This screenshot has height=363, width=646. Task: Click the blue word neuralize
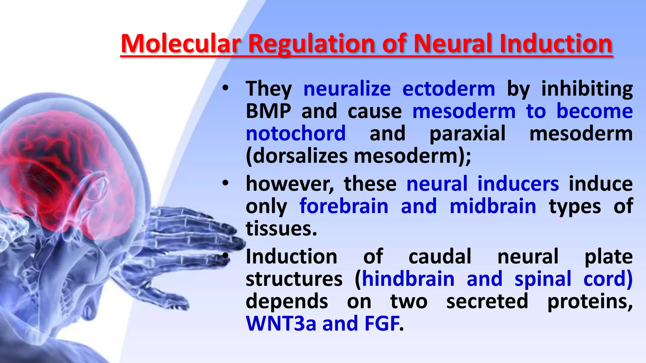(347, 89)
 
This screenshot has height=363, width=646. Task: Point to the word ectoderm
(449, 89)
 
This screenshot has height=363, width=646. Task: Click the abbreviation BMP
(268, 111)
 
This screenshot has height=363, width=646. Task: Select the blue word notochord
(296, 134)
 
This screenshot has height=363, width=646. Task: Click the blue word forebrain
(344, 206)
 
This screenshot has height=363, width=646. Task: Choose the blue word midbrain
(493, 206)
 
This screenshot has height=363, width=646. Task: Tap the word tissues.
(281, 229)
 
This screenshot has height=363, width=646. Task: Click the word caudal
(440, 256)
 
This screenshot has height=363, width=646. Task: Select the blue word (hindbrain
(405, 279)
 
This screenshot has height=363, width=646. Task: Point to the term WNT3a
(281, 324)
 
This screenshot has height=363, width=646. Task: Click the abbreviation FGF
(382, 324)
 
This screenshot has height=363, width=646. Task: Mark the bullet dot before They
(225, 89)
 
